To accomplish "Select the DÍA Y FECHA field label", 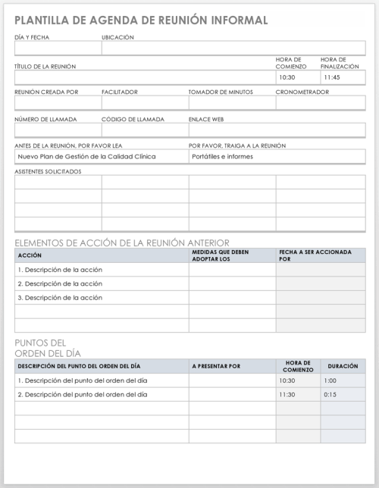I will (32, 37).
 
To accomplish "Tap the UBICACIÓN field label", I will (117, 37).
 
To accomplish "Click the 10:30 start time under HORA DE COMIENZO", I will (287, 77).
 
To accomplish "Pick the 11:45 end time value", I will (331, 77).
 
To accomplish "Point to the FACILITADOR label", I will (120, 92).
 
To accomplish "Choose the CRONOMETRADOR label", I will (302, 92).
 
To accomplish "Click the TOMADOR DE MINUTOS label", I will (220, 92).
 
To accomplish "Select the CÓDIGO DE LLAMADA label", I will (133, 119).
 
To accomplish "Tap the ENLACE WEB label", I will (206, 119).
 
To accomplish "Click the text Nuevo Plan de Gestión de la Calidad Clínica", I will (87, 156).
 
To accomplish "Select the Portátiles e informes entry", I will (223, 156).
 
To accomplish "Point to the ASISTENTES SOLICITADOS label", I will (48, 171).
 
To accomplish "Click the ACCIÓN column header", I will (30, 255).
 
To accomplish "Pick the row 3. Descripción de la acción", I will (60, 298).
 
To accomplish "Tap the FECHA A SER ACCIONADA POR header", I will (315, 255).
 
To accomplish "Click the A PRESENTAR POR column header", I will (216, 366).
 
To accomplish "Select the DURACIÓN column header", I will (343, 366).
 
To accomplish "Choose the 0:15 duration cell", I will (330, 395).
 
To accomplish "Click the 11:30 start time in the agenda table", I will (287, 395).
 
